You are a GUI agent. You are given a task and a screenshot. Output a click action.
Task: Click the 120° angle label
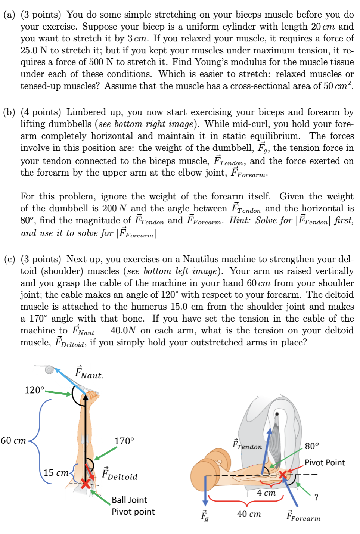[x=34, y=390]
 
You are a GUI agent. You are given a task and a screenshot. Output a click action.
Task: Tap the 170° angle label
[x=124, y=441]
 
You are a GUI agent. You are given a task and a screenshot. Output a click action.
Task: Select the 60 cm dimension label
[x=13, y=441]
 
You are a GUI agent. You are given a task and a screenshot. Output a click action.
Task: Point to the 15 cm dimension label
[x=56, y=473]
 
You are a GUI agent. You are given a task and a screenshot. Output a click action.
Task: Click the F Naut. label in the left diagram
[x=89, y=373]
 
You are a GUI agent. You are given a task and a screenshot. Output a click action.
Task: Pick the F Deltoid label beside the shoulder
[x=120, y=474]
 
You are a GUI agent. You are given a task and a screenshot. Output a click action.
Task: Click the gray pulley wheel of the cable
[x=49, y=370]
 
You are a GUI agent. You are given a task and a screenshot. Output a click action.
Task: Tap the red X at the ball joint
[x=86, y=484]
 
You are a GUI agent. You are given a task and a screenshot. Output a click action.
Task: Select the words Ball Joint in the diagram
[x=129, y=500]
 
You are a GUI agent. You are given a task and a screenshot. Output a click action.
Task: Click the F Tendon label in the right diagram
[x=247, y=444]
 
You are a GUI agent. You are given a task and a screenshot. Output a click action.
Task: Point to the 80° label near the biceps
[x=312, y=446]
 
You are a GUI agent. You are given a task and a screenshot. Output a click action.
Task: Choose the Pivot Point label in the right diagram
[x=325, y=463]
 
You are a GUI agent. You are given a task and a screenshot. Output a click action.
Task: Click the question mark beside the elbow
[x=316, y=497]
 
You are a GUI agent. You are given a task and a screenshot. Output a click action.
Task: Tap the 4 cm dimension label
[x=266, y=493]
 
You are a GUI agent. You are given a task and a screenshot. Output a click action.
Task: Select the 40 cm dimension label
[x=249, y=514]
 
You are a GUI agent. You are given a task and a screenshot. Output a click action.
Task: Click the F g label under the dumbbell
[x=205, y=516]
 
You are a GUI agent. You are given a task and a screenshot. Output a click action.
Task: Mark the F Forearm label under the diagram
[x=303, y=516]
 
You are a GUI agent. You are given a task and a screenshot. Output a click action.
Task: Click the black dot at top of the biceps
[x=277, y=414]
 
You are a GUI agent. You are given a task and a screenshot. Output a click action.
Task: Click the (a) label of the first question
[x=9, y=15]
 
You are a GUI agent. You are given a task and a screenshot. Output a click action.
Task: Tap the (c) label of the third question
[x=9, y=259]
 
